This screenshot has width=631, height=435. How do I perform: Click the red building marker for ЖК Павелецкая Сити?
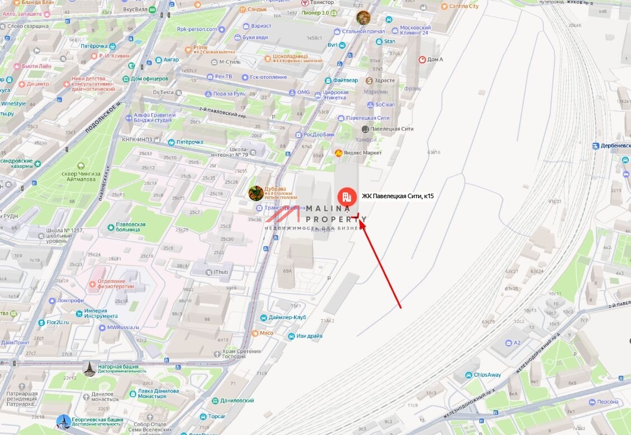pos(346,197)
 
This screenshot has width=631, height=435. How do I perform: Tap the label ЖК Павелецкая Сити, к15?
pos(398,196)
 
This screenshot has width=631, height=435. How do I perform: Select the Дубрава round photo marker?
pos(256,193)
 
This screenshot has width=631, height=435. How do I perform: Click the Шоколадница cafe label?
pos(291,57)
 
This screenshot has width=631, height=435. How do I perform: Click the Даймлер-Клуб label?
pos(287,317)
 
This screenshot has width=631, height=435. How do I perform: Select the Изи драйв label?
pos(309,336)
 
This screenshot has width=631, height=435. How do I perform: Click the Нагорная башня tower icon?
pos(89,368)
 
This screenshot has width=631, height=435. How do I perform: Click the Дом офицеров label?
pos(149,78)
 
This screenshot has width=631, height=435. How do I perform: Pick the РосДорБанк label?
pos(319,134)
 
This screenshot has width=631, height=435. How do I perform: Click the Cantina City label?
pos(464,6)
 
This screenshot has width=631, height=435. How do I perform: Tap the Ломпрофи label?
pos(71,301)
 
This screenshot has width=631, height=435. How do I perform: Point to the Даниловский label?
pos(237,400)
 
